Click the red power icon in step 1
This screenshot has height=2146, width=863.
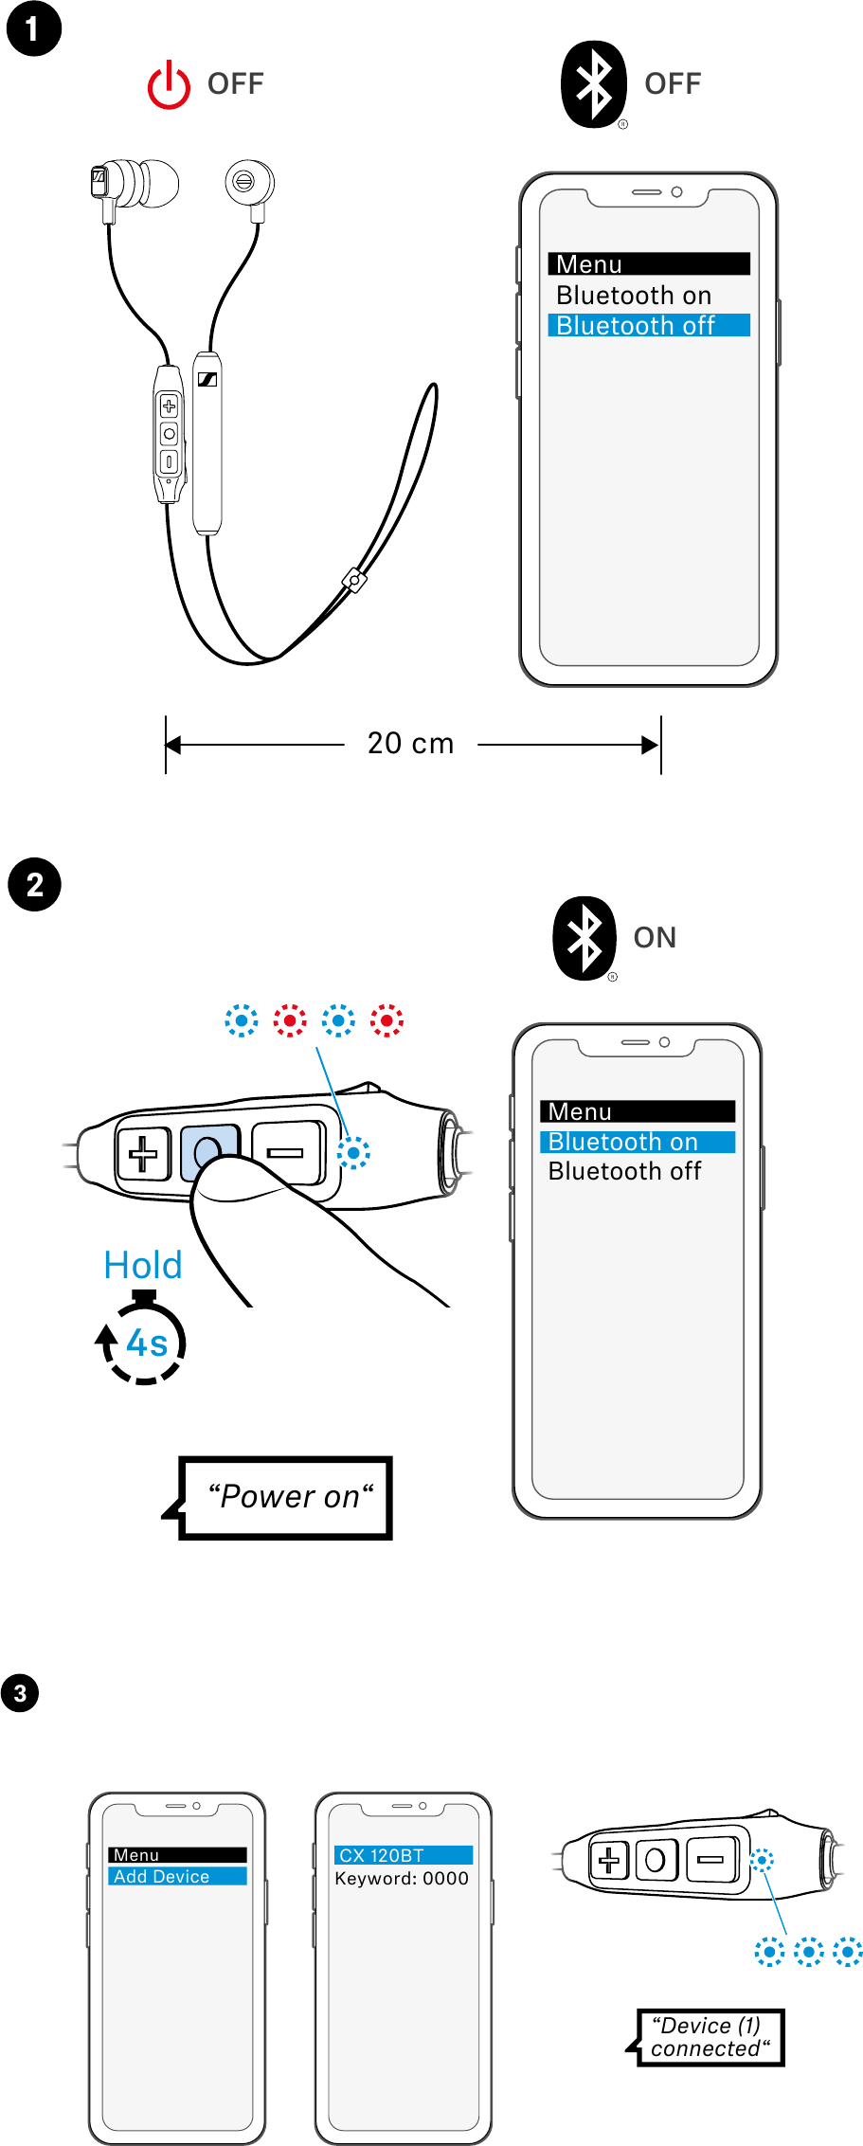tap(169, 85)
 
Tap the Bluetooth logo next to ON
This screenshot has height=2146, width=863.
tap(584, 938)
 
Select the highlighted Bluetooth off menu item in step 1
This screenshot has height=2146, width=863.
tap(649, 326)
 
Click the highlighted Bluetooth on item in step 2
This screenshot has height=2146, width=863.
tap(638, 1142)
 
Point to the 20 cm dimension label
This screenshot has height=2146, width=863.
tap(410, 744)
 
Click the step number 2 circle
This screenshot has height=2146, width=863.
tap(34, 885)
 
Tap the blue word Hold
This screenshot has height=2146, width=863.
tap(143, 1266)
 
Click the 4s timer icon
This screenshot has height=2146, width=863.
tap(145, 1343)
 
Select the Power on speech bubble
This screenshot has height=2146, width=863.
tap(287, 1498)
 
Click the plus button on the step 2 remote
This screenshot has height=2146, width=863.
tap(143, 1154)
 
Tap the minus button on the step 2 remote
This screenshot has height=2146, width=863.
tap(285, 1153)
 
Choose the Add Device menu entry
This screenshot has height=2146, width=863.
tap(177, 1876)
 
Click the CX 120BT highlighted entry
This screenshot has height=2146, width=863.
tap(404, 1855)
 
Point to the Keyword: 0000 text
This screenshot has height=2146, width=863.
tap(402, 1879)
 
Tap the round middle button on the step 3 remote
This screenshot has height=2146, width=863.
tap(656, 1860)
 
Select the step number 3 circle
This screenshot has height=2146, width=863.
tap(20, 1693)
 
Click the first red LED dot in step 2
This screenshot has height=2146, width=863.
tap(290, 1020)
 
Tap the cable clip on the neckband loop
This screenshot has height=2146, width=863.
tap(354, 581)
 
